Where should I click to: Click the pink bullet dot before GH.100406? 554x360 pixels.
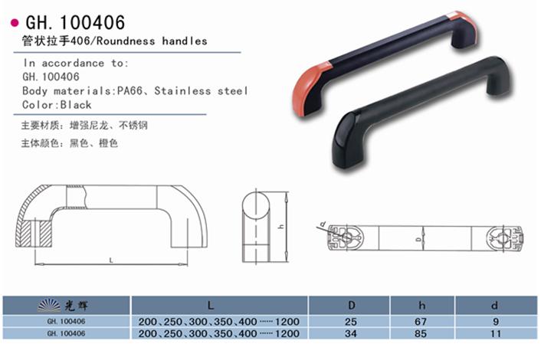[15, 23]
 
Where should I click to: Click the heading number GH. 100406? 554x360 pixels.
[75, 23]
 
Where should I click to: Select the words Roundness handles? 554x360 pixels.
[152, 41]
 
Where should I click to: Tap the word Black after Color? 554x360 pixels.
[76, 105]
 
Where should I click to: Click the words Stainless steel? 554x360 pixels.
[201, 91]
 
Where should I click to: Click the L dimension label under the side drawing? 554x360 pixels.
[111, 260]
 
